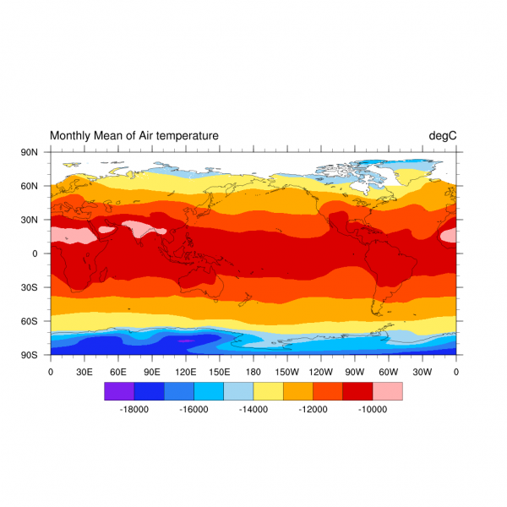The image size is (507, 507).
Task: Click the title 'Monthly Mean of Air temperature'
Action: pos(134,135)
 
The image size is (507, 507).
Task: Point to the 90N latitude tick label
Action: pos(30,152)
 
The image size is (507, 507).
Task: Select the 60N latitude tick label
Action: pos(30,186)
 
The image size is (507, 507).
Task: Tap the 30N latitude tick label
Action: pos(30,220)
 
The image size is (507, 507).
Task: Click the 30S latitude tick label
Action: pos(30,287)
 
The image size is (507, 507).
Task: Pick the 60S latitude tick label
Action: pos(30,321)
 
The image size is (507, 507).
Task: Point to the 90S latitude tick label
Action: pos(30,355)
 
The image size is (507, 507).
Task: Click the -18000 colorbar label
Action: pos(134,409)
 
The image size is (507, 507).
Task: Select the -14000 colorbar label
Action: pos(253,409)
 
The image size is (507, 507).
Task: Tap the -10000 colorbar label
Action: pos(372,409)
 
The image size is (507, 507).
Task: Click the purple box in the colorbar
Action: pos(119,391)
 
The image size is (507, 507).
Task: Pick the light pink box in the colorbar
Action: pos(387,391)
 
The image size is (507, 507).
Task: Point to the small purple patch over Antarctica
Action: pos(185,341)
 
